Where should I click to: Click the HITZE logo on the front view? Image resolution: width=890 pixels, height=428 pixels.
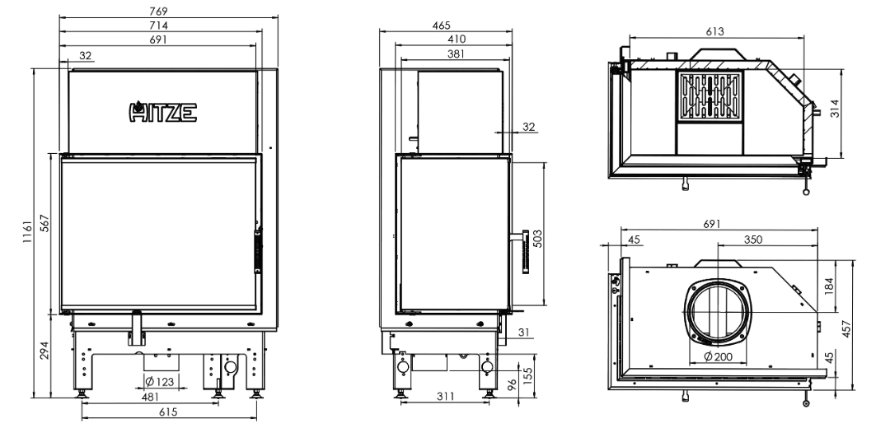[x=163, y=111]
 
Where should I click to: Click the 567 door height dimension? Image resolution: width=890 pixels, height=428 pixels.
[x=44, y=228]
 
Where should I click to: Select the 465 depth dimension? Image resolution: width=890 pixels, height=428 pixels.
[x=445, y=26]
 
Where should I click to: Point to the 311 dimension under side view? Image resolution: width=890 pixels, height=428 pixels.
[x=445, y=397]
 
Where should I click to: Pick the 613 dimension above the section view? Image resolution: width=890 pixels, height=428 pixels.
[x=714, y=31]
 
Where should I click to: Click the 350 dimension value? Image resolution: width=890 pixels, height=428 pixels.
[x=752, y=240]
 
